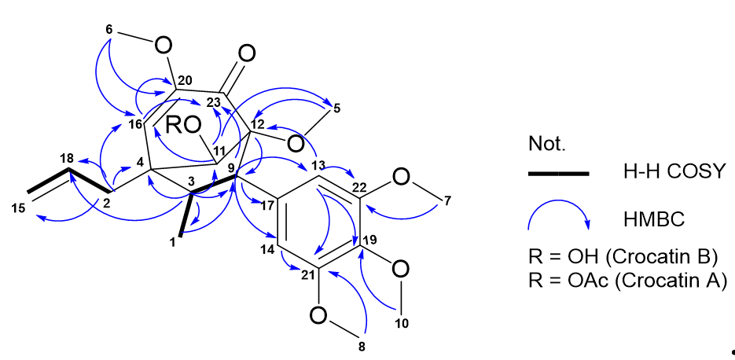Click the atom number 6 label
pos(109,29)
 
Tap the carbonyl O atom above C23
pos(246,54)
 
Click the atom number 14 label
pos(267,248)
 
